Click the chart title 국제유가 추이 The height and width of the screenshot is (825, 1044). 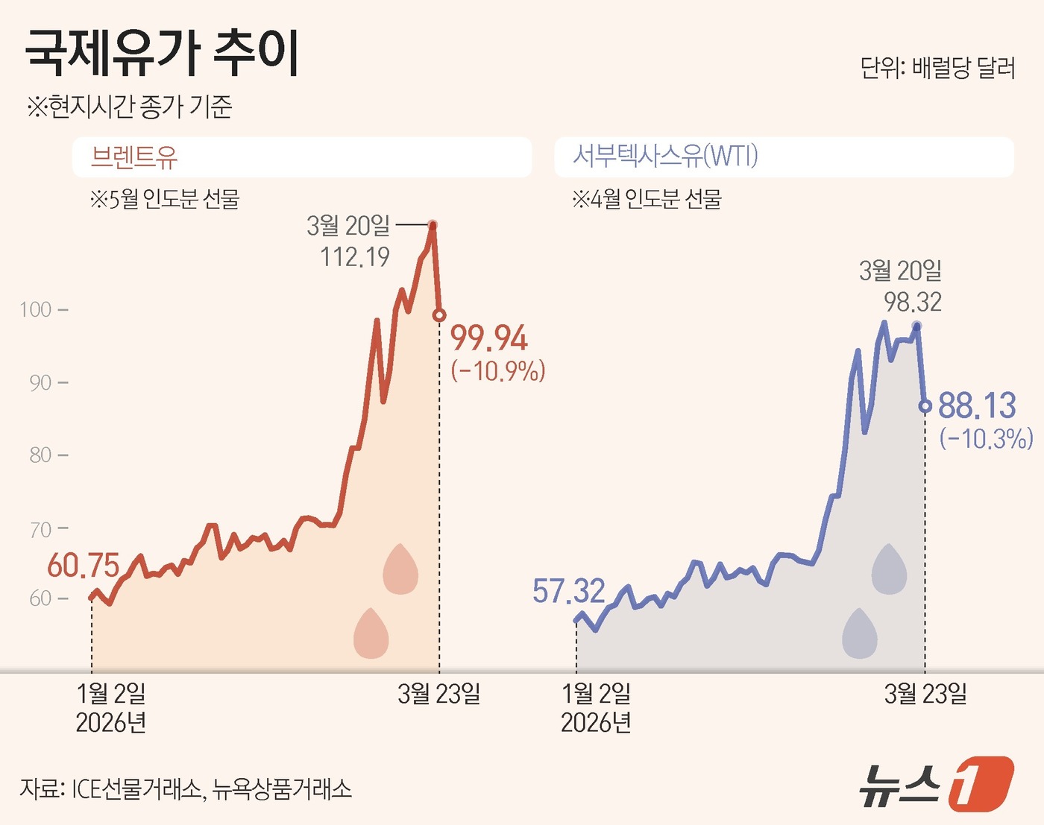coord(162,54)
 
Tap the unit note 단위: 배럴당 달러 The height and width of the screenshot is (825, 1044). coord(937,69)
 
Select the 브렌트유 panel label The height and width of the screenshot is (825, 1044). coord(134,157)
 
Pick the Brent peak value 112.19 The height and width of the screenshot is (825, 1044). coord(355,257)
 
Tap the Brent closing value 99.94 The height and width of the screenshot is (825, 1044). coord(489,338)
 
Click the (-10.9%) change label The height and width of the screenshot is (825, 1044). coord(498,370)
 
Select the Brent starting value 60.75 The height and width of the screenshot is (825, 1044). coord(83,566)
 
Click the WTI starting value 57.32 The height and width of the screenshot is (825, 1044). coord(568,592)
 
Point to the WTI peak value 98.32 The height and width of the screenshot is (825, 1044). coord(913,302)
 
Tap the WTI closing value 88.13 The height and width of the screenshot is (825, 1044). coord(977,406)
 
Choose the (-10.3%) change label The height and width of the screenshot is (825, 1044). coord(986,438)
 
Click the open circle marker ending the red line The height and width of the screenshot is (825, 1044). coord(439,315)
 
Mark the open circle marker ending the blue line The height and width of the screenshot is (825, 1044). coord(925,406)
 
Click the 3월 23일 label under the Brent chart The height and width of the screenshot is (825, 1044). coord(438,694)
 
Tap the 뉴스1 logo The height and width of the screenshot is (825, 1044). coord(936,784)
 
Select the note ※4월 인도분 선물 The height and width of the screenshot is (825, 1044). coord(647,199)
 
